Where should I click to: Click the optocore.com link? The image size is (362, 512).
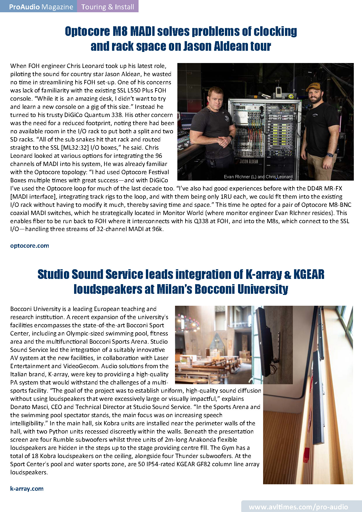[29, 246]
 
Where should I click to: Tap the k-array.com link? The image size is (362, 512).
[27, 488]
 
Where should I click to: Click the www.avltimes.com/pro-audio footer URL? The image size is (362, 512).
[298, 507]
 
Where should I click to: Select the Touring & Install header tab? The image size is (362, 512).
[108, 7]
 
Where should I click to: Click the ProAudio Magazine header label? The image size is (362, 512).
[41, 7]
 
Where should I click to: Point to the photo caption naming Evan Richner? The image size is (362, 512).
[258, 177]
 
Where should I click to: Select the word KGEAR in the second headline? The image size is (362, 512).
[309, 274]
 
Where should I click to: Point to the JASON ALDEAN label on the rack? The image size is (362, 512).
[249, 161]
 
